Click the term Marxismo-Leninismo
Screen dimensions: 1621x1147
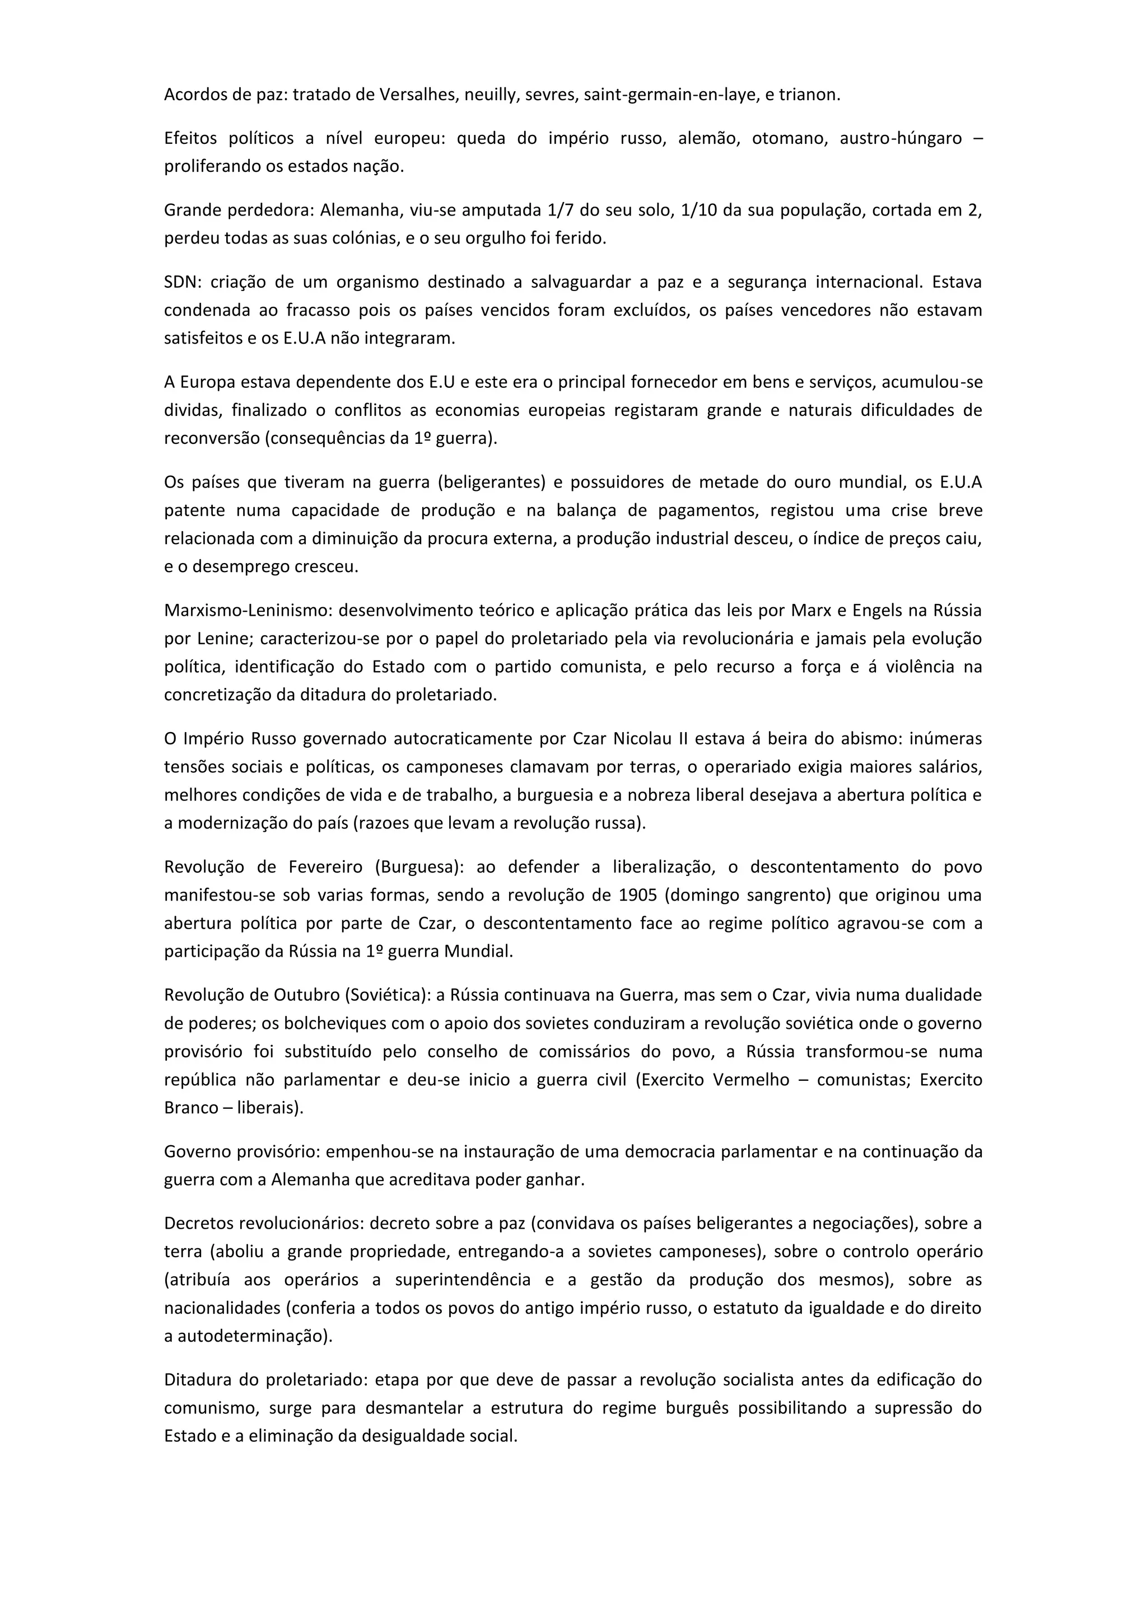246,610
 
